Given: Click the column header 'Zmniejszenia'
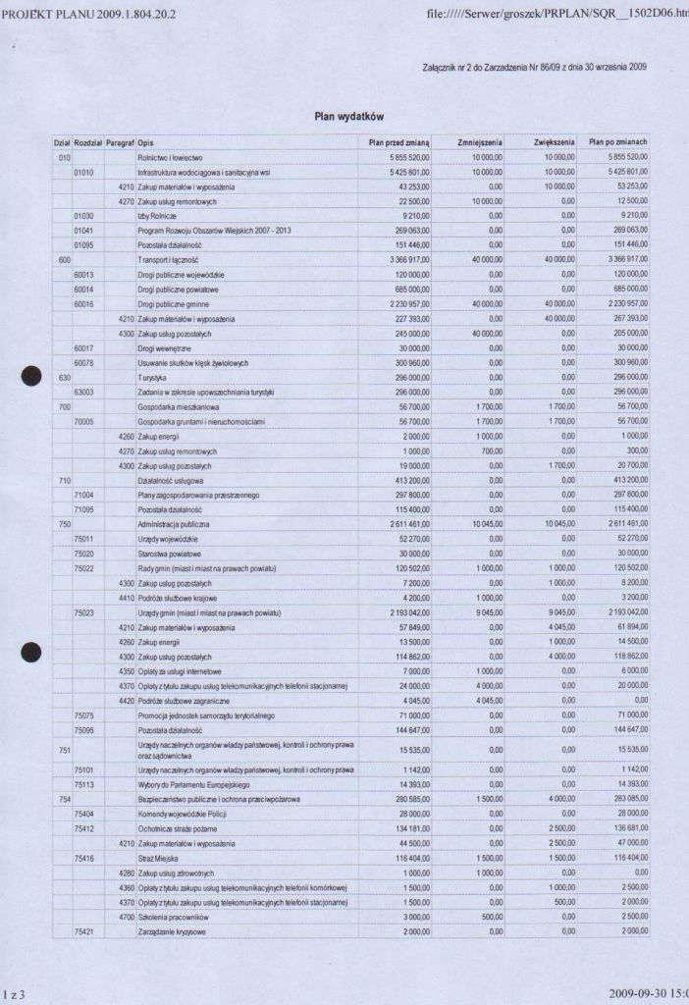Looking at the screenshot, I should click(x=480, y=142).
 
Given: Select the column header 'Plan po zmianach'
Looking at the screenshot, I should click(x=617, y=142).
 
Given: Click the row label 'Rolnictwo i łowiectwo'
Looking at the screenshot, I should click(x=170, y=157).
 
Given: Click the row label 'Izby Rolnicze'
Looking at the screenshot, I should click(x=156, y=215).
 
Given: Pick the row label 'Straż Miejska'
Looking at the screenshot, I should click(x=160, y=858).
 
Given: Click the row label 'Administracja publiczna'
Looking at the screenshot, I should click(x=175, y=524).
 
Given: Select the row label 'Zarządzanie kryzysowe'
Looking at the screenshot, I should click(x=173, y=930).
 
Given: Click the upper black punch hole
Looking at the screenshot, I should click(x=31, y=376).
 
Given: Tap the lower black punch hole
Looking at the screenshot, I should click(x=31, y=652).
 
